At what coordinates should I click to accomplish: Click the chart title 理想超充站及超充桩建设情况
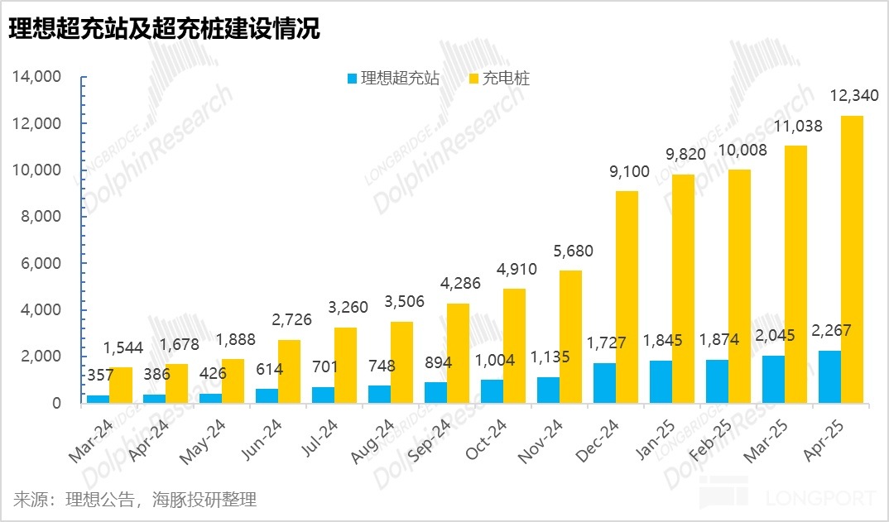click(164, 30)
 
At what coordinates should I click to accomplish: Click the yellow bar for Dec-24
click(627, 297)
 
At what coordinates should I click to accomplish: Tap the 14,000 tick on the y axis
click(38, 77)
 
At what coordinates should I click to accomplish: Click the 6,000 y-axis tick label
click(41, 264)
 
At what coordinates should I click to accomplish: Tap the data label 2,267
click(830, 332)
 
